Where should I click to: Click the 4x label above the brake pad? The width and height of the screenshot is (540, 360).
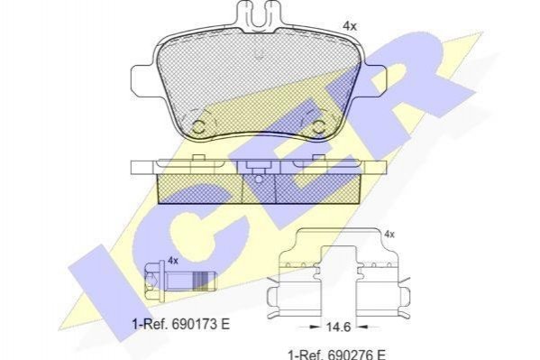click(350, 26)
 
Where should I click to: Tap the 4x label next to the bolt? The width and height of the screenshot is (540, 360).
click(173, 261)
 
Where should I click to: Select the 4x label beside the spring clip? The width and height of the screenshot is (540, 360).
click(389, 235)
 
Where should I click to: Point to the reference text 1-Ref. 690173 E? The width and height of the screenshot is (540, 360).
click(181, 324)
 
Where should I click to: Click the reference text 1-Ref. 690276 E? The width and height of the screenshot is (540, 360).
click(336, 355)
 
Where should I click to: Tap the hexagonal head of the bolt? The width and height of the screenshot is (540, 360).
click(151, 280)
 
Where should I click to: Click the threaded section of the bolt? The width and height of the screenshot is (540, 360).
click(201, 280)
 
